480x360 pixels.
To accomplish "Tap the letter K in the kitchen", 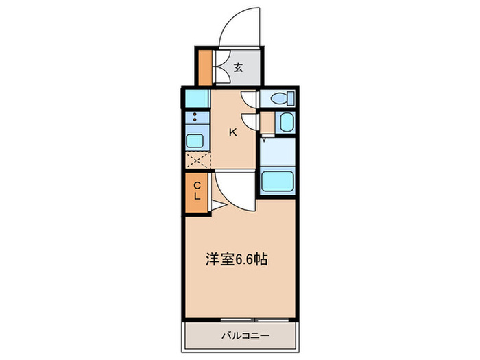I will click(x=232, y=132).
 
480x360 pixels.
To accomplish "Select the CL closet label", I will click(x=196, y=191).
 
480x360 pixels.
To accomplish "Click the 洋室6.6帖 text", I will click(x=237, y=260).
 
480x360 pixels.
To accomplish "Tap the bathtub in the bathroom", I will click(x=278, y=181).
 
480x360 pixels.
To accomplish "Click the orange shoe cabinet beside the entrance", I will click(x=205, y=66).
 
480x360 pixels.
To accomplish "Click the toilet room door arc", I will click(x=250, y=100).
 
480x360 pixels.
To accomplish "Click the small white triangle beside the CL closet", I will click(x=214, y=204).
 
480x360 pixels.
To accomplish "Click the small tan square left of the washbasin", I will click(x=265, y=123).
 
